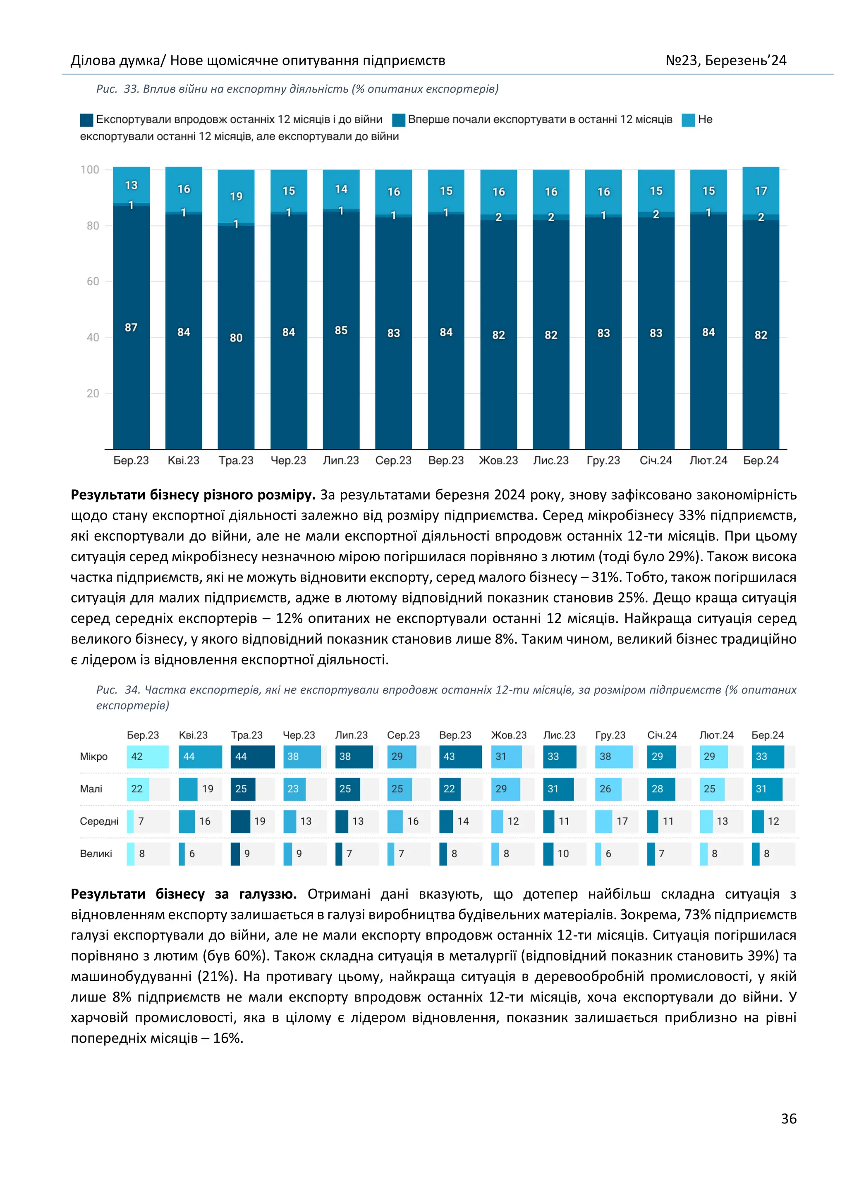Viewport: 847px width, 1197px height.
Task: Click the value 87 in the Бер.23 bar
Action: coord(131,327)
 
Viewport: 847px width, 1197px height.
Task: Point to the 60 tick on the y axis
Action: coord(93,281)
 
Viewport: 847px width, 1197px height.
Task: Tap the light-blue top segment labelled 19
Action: coord(236,196)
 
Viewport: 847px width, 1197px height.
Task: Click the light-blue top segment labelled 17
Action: coord(761,191)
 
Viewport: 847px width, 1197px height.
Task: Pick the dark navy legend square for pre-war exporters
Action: coord(86,120)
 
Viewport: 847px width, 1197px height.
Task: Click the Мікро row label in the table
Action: coord(94,756)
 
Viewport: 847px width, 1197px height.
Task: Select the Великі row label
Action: coord(96,854)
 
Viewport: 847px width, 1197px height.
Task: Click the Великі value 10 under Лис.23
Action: coord(563,854)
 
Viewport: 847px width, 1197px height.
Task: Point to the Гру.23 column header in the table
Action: coord(610,735)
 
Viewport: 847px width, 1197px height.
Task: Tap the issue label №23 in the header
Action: coord(682,60)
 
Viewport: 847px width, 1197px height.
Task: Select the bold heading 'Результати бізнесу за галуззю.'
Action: coord(184,894)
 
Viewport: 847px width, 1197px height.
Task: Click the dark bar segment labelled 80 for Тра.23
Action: coord(236,338)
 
